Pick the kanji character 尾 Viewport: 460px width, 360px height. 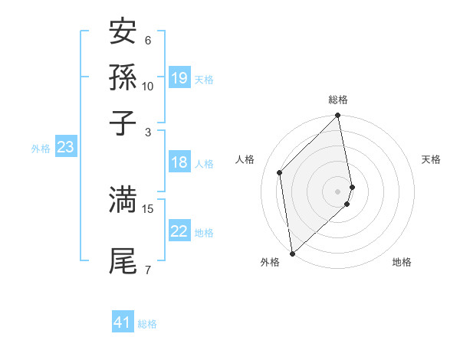(x=123, y=260)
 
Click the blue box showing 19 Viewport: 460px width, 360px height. (x=179, y=78)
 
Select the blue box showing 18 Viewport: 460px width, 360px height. (x=179, y=162)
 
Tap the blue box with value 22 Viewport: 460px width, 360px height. (x=179, y=232)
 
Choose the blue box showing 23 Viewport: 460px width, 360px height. (x=65, y=148)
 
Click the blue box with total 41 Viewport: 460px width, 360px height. (x=123, y=322)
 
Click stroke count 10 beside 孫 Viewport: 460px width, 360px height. (x=148, y=86)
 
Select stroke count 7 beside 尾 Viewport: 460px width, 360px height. (x=148, y=270)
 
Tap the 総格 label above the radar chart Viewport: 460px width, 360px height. (x=338, y=100)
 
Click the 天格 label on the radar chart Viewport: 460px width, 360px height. (x=431, y=159)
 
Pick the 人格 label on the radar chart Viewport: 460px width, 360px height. (x=245, y=159)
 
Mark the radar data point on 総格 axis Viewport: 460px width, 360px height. (x=338, y=116)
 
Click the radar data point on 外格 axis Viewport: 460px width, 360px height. (x=292, y=253)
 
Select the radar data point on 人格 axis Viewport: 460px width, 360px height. (x=280, y=172)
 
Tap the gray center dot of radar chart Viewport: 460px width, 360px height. (x=338, y=191)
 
